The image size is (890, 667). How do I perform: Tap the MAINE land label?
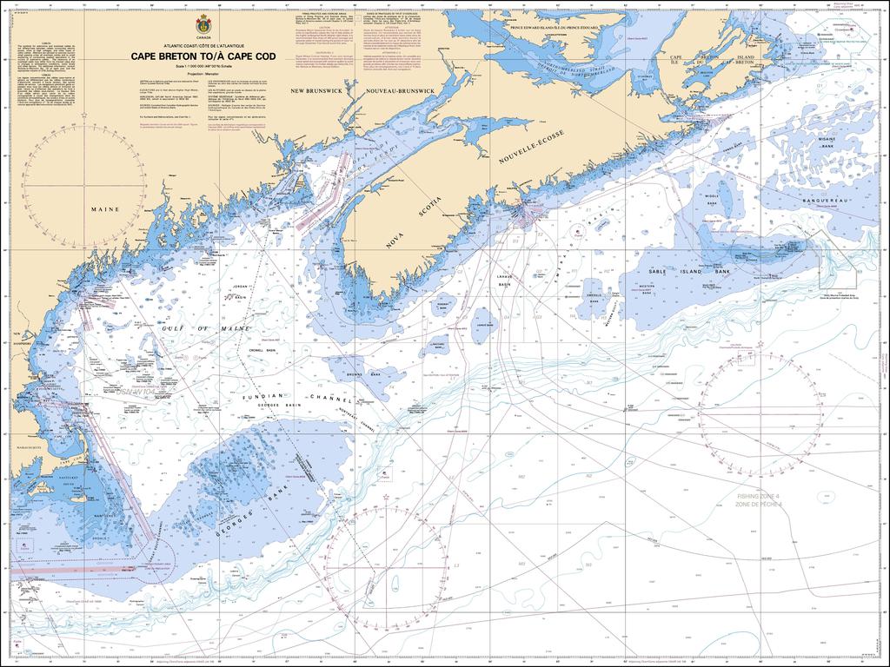tap(104, 209)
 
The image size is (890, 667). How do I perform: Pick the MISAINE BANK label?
tap(826, 142)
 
